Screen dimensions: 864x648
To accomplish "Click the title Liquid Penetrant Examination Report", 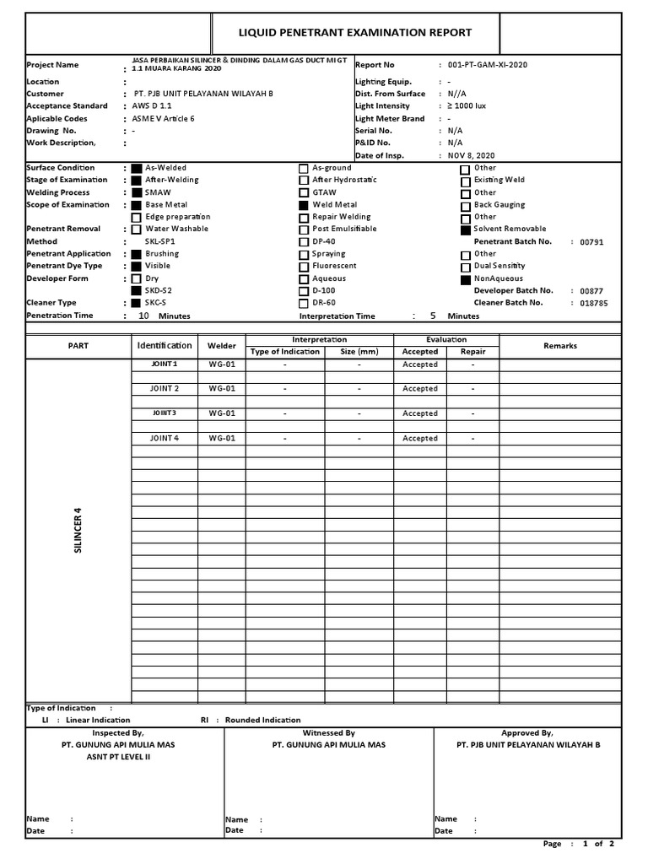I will pyautogui.click(x=354, y=33).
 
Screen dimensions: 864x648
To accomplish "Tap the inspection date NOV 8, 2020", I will pyautogui.click(x=471, y=156).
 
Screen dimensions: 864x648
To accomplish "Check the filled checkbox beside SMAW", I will pyautogui.click(x=137, y=193).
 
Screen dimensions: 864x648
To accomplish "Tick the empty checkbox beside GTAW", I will pyautogui.click(x=304, y=193).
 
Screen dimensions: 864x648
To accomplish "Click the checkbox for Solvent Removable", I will pyautogui.click(x=465, y=229).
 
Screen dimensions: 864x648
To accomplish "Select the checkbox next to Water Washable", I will pyautogui.click(x=137, y=229).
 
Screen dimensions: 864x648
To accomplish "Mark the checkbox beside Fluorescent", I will pyautogui.click(x=304, y=267).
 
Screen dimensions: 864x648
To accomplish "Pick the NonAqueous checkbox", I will pyautogui.click(x=465, y=279).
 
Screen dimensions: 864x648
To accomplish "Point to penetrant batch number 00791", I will pyautogui.click(x=591, y=242).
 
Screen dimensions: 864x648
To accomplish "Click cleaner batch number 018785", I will pyautogui.click(x=593, y=303).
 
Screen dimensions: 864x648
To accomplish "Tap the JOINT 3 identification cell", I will pyautogui.click(x=165, y=413).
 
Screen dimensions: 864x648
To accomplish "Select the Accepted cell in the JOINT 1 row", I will pyautogui.click(x=419, y=364).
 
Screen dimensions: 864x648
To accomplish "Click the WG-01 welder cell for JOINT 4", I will pyautogui.click(x=222, y=439).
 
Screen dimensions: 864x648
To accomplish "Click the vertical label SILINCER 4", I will pyautogui.click(x=78, y=531).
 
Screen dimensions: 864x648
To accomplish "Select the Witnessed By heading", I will pyautogui.click(x=328, y=733).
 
